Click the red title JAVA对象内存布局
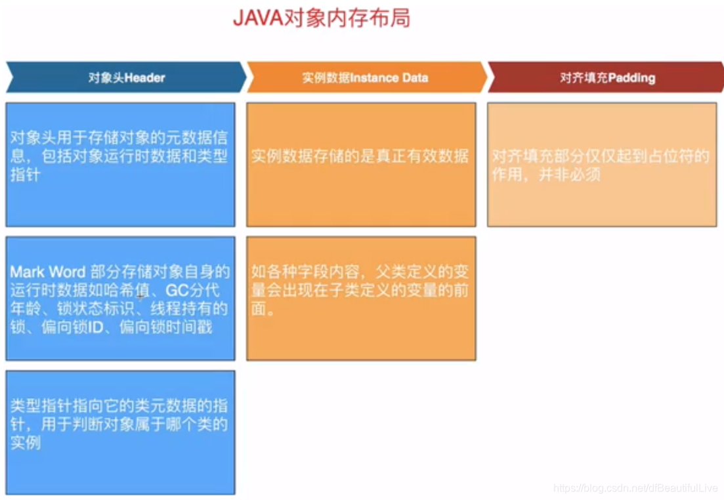click(x=322, y=18)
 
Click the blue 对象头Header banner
click(x=126, y=77)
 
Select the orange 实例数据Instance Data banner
click(x=365, y=77)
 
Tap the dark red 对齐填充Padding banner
click(x=607, y=77)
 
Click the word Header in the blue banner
click(x=144, y=77)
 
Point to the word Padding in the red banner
click(x=631, y=77)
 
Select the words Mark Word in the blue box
click(x=48, y=272)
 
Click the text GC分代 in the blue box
click(x=193, y=290)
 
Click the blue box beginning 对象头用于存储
click(x=120, y=164)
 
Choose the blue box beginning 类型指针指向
click(x=120, y=432)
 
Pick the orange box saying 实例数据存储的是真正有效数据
click(x=361, y=164)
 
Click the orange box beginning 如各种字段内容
click(x=361, y=298)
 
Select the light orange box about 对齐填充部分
click(x=602, y=164)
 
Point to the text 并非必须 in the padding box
click(x=569, y=175)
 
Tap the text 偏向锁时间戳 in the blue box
click(x=166, y=327)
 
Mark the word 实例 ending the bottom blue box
click(x=26, y=443)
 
